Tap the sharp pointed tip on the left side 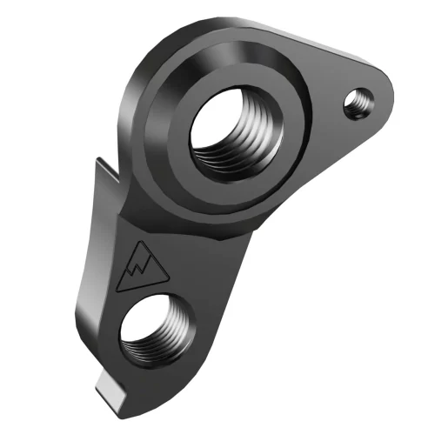click(x=97, y=160)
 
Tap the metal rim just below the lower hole click(x=161, y=376)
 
